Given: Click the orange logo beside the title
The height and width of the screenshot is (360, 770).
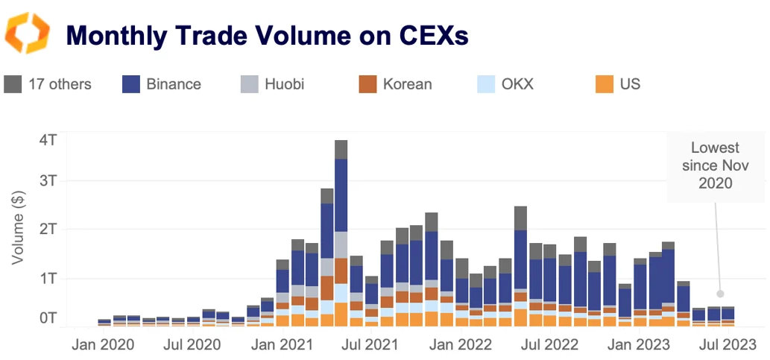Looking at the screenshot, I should click(x=28, y=34).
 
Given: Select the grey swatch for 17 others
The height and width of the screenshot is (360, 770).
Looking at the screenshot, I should click(x=13, y=83).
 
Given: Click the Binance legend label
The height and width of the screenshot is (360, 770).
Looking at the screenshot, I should click(x=173, y=83).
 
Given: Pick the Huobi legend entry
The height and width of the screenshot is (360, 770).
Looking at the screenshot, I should click(x=285, y=83).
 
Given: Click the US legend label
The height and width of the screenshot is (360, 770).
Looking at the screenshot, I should click(x=630, y=83).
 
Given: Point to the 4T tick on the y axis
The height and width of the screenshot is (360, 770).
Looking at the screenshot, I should click(x=47, y=140).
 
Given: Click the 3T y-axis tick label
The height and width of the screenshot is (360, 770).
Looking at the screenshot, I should click(x=47, y=181).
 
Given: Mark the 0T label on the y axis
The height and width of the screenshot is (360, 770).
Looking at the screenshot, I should click(x=47, y=318).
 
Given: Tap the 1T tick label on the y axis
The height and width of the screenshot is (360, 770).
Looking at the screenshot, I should click(x=47, y=278).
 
